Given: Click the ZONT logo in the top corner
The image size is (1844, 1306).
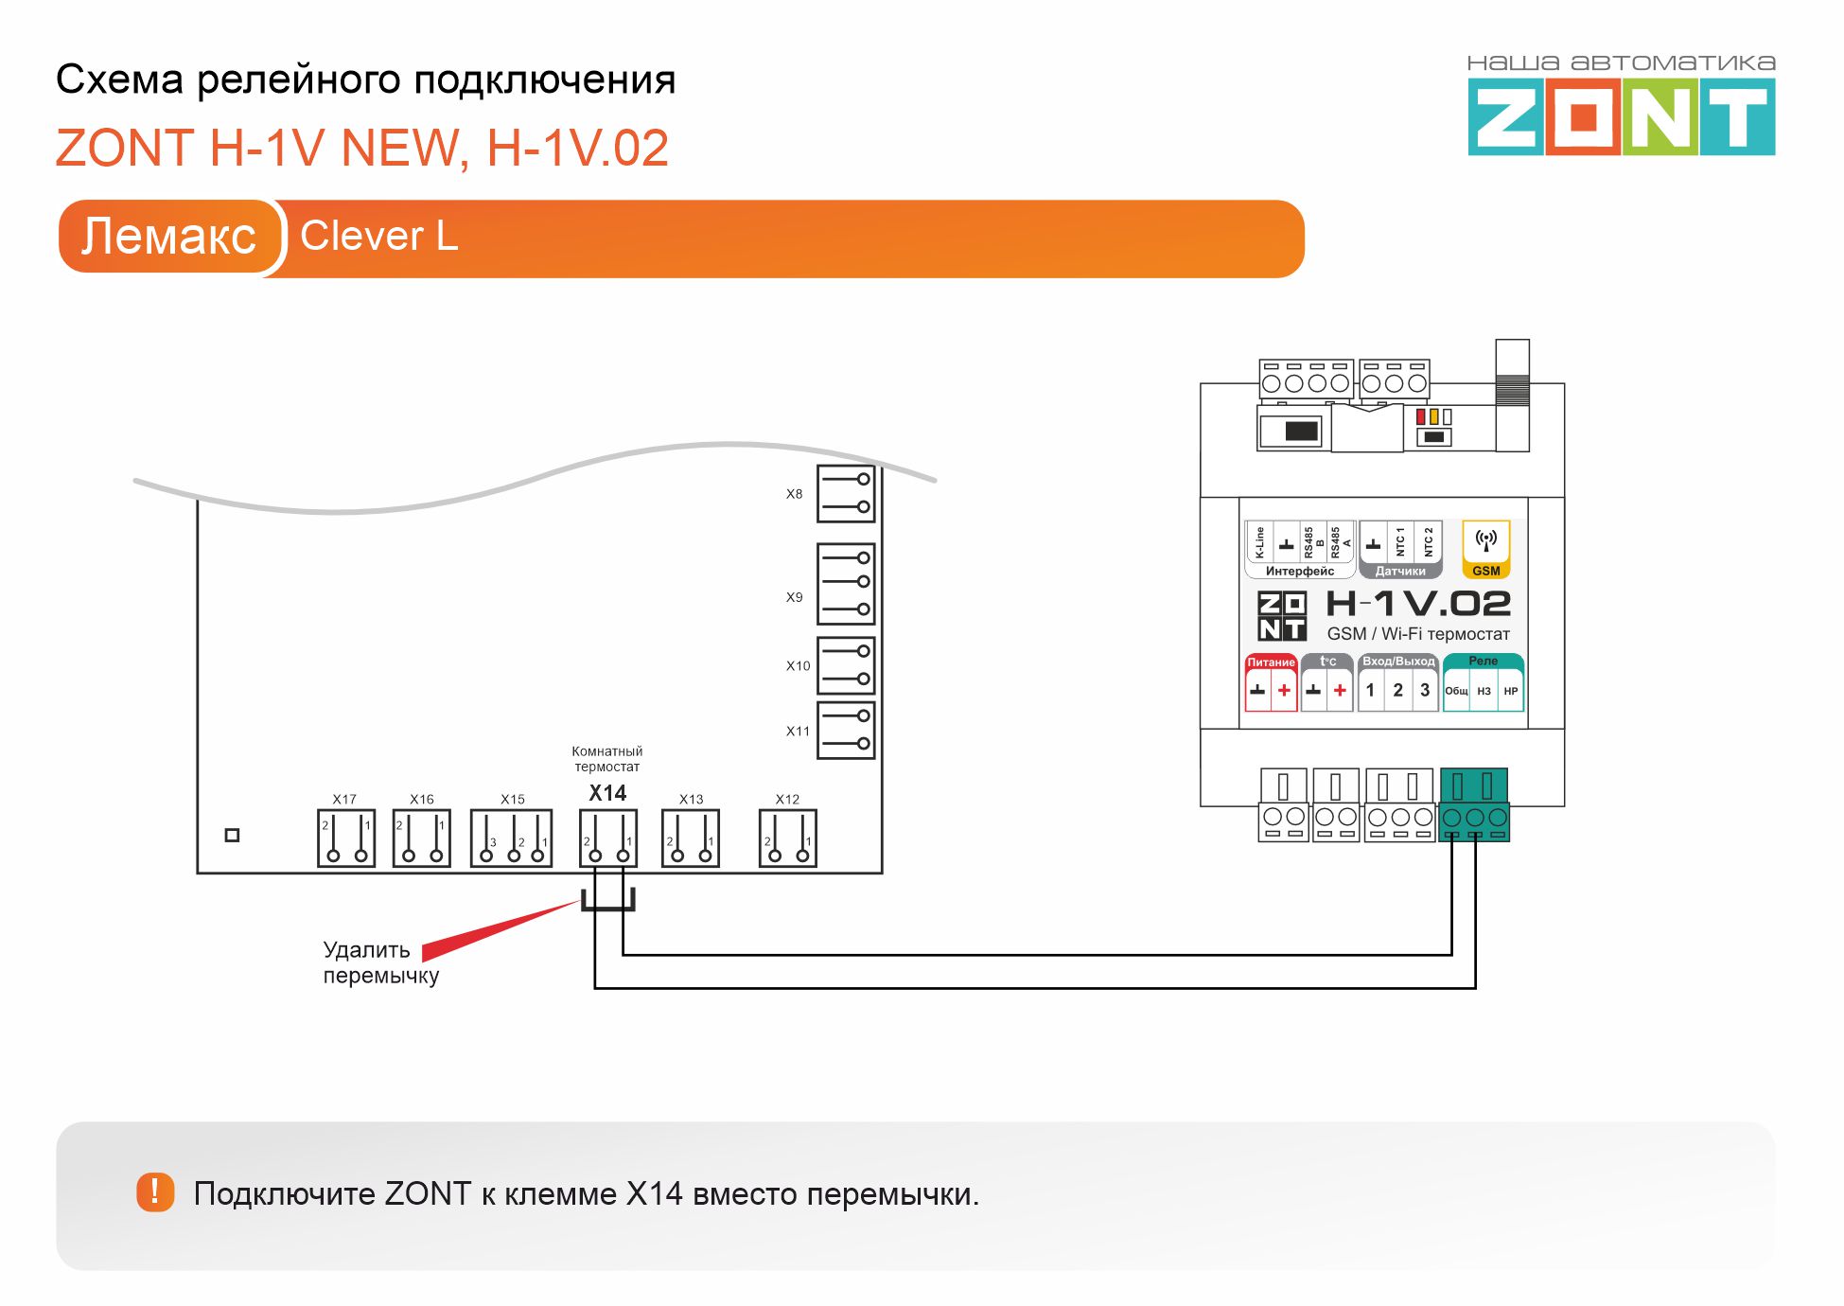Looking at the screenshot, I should point(1621,116).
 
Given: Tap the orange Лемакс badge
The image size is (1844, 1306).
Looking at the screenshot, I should point(168,237).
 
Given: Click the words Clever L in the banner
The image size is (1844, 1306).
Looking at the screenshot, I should point(378,237).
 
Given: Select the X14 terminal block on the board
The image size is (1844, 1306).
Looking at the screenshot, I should point(608,838).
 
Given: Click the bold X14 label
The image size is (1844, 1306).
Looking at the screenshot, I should point(607,793).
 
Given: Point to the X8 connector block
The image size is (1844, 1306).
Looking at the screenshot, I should point(846,493).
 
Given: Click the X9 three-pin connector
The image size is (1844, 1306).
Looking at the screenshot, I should point(846,583).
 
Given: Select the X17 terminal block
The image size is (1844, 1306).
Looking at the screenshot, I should point(346,838).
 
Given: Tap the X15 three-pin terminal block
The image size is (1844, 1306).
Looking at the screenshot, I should point(512,838).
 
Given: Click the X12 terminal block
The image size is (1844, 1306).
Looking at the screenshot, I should point(787,838).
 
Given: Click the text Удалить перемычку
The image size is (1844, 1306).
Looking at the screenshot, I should point(380,962).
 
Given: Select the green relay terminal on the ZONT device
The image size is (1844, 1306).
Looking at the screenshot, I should point(1474,805).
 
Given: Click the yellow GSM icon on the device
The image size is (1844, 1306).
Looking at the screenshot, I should point(1486,548).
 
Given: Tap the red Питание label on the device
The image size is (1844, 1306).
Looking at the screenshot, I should point(1271,662).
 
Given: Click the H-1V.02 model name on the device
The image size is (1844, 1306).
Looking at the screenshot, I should point(1417,604).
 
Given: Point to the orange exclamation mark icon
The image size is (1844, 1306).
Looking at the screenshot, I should point(155,1192).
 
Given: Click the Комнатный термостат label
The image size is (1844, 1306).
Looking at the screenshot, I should point(606,759).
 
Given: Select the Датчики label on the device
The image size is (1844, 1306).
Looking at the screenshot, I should point(1400,571).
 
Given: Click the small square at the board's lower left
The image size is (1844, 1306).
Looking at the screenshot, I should point(232,835).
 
